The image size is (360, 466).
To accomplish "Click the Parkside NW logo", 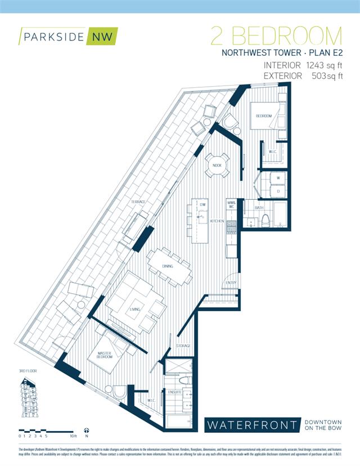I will (x=66, y=37).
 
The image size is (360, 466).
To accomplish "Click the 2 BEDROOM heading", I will (x=276, y=37).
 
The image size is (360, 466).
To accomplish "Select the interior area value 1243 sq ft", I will (x=323, y=66).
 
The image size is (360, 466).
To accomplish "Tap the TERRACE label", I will (x=139, y=201).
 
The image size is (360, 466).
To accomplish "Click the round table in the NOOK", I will (x=217, y=165).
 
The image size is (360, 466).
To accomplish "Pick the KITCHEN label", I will (x=217, y=222).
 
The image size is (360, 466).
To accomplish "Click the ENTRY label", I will (x=231, y=283).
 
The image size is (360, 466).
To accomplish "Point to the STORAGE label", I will (x=183, y=346).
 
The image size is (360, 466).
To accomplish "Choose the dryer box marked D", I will (x=278, y=192).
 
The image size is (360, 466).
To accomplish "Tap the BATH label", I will (x=259, y=208).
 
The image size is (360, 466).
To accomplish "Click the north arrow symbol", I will (x=86, y=429).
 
